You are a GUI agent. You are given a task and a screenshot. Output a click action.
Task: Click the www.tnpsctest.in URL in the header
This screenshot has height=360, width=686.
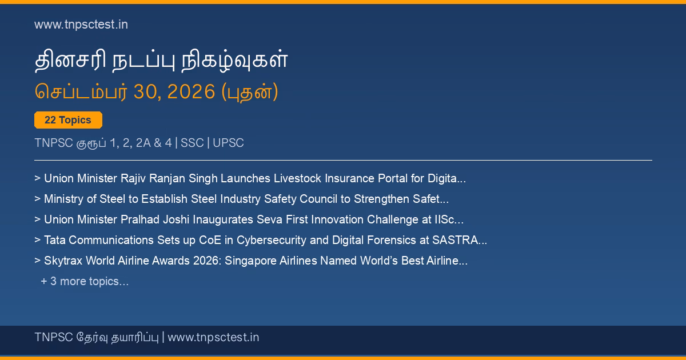pyautogui.click(x=81, y=25)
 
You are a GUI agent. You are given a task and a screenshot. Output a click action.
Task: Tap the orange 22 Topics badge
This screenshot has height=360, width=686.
pyautogui.click(x=68, y=120)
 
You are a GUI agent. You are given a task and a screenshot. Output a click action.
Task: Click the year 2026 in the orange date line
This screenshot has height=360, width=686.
pyautogui.click(x=191, y=91)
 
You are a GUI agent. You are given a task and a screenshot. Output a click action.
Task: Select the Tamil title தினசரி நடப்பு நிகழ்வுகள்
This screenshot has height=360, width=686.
pyautogui.click(x=161, y=59)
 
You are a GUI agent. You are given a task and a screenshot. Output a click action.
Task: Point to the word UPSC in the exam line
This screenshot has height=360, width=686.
pyautogui.click(x=228, y=143)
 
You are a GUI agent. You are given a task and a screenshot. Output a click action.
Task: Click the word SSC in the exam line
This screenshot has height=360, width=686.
pyautogui.click(x=192, y=143)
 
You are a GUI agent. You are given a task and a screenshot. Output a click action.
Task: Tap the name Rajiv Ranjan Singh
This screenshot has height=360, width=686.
pyautogui.click(x=169, y=178)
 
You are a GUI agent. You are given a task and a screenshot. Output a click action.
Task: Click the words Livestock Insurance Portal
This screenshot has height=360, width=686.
pyautogui.click(x=324, y=178)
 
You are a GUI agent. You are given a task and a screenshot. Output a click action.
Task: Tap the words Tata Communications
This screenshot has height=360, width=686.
pyautogui.click(x=99, y=240)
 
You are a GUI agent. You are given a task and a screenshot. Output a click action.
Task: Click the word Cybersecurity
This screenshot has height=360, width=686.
pyautogui.click(x=272, y=241)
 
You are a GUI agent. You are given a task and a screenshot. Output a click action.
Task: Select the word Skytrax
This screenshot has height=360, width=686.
pyautogui.click(x=63, y=261)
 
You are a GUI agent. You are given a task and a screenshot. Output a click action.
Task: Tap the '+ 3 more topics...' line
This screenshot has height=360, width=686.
pyautogui.click(x=85, y=281)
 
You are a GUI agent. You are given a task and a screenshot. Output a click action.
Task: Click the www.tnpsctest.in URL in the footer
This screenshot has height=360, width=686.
pyautogui.click(x=213, y=337)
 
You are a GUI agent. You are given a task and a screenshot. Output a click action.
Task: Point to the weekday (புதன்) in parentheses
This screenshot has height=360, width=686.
pyautogui.click(x=250, y=91)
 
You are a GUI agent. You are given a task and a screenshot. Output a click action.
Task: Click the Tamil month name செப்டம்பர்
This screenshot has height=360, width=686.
pyautogui.click(x=81, y=91)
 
